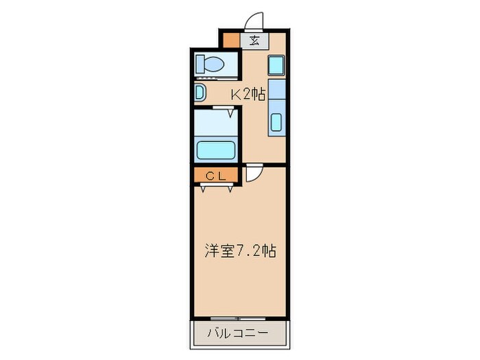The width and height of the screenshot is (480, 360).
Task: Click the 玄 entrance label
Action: [x=254, y=40]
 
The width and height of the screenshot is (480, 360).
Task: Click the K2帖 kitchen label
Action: [x=247, y=95]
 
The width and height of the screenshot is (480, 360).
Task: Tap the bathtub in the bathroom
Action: [x=216, y=149]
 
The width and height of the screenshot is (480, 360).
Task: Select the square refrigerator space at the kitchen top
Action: [x=276, y=66]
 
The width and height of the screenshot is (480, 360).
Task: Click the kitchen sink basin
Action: [x=276, y=123]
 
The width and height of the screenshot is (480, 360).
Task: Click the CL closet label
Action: [x=216, y=176]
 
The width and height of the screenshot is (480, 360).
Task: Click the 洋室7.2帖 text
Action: [x=239, y=251]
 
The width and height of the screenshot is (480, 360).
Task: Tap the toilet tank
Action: [x=200, y=64]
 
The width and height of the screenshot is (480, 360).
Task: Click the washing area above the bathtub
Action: [x=216, y=124]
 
